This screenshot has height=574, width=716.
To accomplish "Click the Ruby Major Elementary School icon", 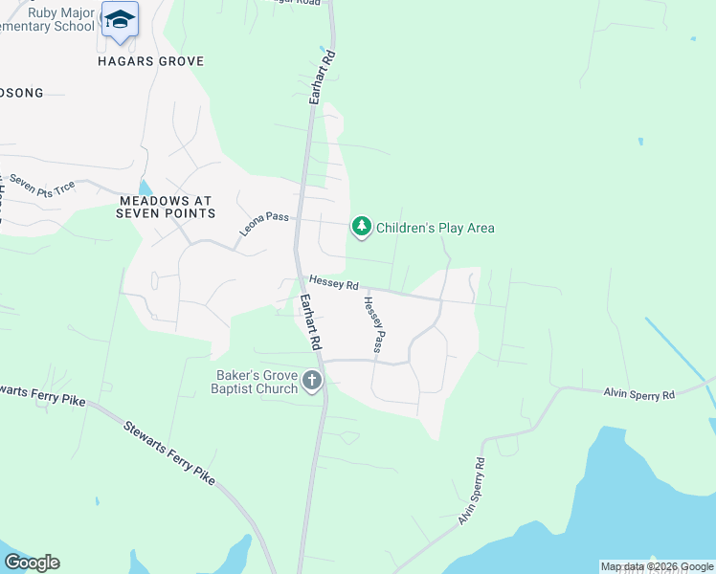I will (x=120, y=20).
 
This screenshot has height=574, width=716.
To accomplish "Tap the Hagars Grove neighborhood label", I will (x=151, y=61).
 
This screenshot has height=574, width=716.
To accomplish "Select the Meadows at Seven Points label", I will (x=166, y=208).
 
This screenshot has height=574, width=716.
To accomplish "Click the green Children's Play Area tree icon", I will (x=361, y=227).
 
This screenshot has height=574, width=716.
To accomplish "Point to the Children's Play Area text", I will (x=436, y=228).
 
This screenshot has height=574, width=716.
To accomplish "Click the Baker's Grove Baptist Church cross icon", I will (x=311, y=382).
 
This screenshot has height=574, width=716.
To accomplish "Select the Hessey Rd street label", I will (x=333, y=284).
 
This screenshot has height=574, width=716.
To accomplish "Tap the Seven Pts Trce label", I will (x=41, y=186).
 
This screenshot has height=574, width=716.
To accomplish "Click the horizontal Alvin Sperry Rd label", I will (x=638, y=394).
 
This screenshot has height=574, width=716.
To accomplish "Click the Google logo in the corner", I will (x=32, y=563).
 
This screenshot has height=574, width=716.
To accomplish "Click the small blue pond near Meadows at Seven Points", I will (x=145, y=187).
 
